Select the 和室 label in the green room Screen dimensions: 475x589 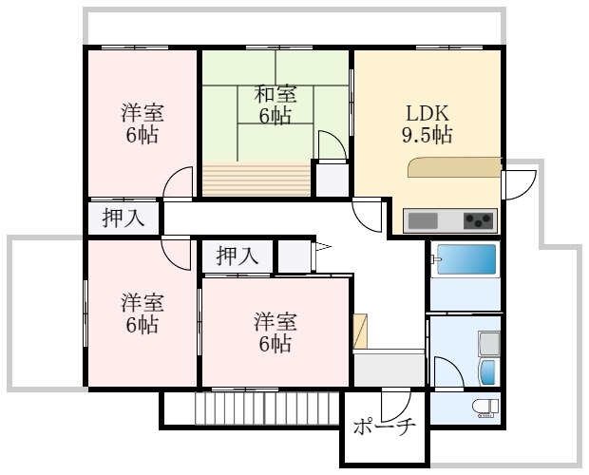tap(275, 95)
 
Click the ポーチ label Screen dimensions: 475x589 tap(384, 427)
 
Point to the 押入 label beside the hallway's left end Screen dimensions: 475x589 tap(123, 218)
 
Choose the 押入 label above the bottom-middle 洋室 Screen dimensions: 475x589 tap(237, 256)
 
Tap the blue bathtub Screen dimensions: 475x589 tap(465, 259)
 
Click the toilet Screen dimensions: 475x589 tap(484, 408)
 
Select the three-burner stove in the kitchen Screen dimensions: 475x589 tap(480, 221)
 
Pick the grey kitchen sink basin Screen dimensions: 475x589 tap(424, 221)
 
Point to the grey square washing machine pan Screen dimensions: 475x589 tap(490, 343)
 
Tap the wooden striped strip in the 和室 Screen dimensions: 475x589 tap(256, 179)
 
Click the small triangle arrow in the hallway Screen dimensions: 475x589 tap(321, 249)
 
